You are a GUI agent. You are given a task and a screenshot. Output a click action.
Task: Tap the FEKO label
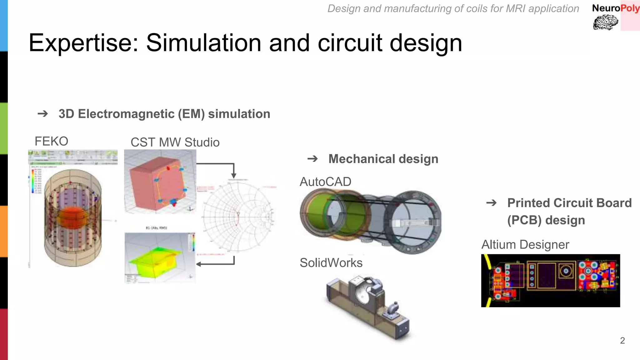pos(51,141)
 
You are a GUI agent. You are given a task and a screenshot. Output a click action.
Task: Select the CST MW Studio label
pos(175,142)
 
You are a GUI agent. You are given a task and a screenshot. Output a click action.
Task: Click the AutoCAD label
pos(325,182)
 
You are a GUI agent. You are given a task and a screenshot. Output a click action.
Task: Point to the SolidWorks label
pos(331,263)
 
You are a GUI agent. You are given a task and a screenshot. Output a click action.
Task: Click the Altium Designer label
pos(525,245)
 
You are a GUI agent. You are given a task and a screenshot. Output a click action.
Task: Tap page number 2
pos(622,340)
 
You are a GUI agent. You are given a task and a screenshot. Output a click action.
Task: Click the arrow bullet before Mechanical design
pos(312,159)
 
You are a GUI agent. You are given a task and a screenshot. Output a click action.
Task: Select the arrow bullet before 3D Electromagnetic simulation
pos(43,114)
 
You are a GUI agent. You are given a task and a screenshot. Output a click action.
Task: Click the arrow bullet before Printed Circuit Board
pos(491,203)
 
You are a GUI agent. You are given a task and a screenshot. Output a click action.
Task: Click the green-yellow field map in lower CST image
pos(155,259)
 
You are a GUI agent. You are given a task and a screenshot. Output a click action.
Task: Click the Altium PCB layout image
pos(550,280)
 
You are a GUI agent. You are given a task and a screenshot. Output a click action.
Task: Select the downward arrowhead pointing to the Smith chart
pos(233,176)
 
